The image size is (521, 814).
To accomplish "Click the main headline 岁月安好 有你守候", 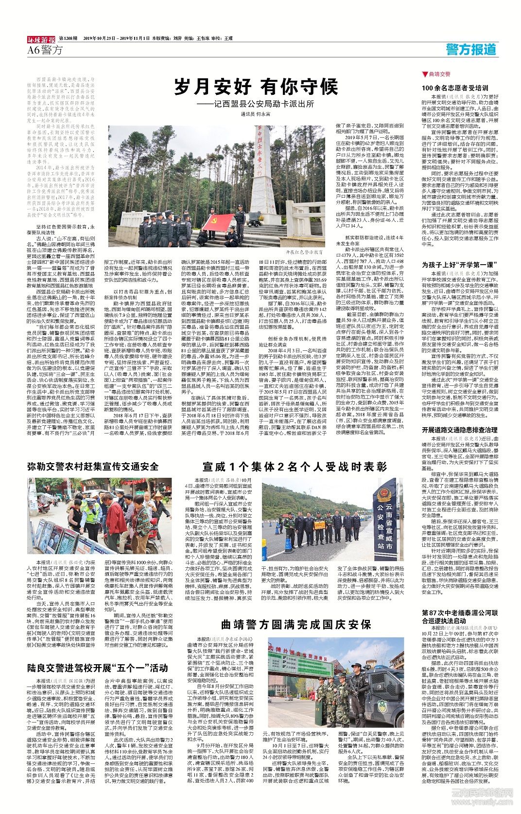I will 257,87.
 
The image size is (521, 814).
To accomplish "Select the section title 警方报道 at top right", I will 471,49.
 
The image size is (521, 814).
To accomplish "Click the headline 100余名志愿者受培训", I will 455,88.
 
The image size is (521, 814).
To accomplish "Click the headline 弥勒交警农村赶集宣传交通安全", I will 93,467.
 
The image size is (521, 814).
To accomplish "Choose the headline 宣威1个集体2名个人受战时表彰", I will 295,467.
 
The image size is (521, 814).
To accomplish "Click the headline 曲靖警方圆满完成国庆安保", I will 296,624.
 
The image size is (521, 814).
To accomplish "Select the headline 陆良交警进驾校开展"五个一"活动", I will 97,667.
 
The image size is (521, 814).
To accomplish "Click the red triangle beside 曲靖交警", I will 425,74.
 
